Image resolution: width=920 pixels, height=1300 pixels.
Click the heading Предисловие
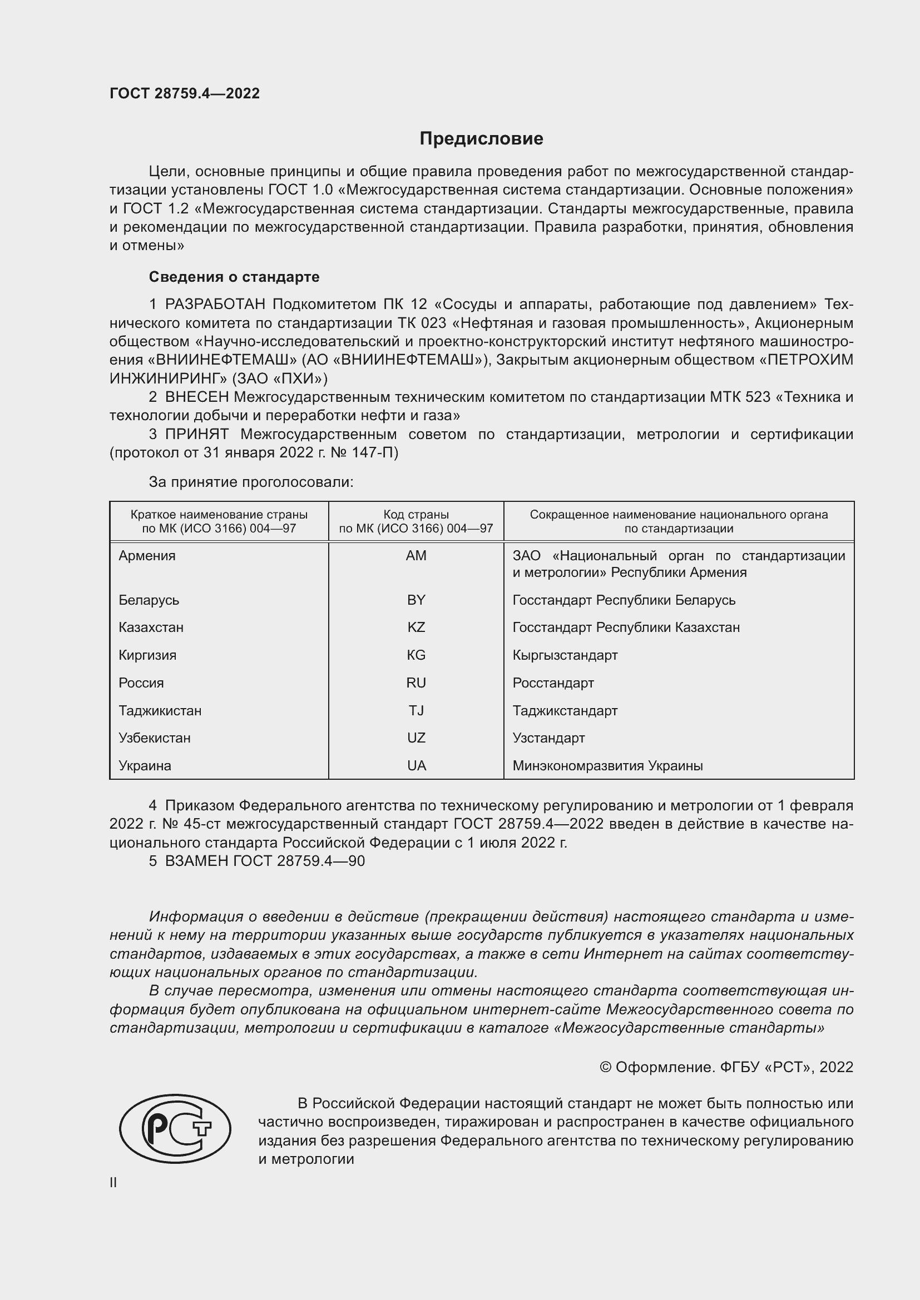pyautogui.click(x=481, y=139)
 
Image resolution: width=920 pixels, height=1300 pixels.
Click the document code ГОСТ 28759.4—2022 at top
pyautogui.click(x=185, y=93)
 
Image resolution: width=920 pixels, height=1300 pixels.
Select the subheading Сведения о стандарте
pyautogui.click(x=234, y=277)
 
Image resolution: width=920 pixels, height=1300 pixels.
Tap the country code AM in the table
pyautogui.click(x=416, y=555)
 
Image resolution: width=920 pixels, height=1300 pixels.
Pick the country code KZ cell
pyautogui.click(x=416, y=627)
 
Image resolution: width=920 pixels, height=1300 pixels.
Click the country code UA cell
pyautogui.click(x=416, y=765)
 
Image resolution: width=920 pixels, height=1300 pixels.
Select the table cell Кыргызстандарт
pyautogui.click(x=565, y=655)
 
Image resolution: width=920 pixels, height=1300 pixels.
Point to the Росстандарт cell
pyautogui.click(x=553, y=683)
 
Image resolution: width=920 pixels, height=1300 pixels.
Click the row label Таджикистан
pyautogui.click(x=160, y=711)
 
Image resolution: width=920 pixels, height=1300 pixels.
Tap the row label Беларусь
pyautogui.click(x=149, y=600)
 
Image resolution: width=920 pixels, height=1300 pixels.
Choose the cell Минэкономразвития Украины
pyautogui.click(x=607, y=765)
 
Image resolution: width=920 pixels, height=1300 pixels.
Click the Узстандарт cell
pyautogui.click(x=548, y=738)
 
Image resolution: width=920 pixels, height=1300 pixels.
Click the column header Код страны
pyautogui.click(x=416, y=515)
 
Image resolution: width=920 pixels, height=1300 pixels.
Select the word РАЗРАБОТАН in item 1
pyautogui.click(x=215, y=305)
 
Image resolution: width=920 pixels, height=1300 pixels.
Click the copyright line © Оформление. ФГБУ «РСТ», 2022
pyautogui.click(x=726, y=1067)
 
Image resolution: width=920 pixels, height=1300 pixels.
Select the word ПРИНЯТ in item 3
pyautogui.click(x=196, y=434)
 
